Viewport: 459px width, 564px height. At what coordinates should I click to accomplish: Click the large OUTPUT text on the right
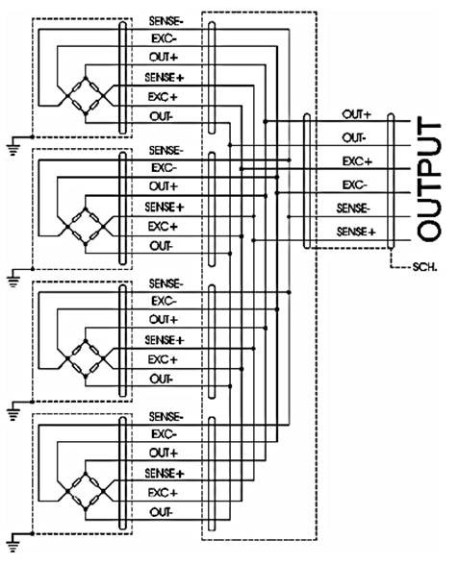[x=429, y=178]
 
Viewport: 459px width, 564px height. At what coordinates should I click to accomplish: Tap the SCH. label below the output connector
[x=424, y=267]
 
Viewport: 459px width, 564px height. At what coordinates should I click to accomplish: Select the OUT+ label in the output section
[x=356, y=114]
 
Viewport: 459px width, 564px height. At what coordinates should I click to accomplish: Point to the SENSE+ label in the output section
[x=356, y=232]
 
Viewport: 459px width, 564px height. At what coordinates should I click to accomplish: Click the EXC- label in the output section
[x=354, y=184]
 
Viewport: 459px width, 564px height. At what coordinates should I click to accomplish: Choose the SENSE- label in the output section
[x=353, y=208]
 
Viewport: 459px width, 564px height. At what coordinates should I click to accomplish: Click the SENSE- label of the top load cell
[x=166, y=21]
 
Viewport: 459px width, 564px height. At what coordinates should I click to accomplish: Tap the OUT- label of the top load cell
[x=162, y=116]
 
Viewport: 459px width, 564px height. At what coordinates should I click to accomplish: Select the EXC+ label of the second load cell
[x=163, y=227]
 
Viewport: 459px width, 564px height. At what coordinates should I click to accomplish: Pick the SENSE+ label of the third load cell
[x=165, y=339]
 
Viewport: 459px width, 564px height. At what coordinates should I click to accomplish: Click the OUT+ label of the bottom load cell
[x=164, y=453]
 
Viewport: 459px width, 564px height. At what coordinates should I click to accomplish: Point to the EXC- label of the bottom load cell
[x=164, y=434]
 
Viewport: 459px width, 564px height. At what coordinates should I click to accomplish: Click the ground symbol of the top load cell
[x=13, y=147]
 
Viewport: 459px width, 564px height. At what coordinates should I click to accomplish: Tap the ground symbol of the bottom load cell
[x=13, y=544]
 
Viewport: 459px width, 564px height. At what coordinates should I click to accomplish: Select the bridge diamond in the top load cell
[x=86, y=96]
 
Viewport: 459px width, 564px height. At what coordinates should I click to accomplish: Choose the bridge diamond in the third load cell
[x=86, y=358]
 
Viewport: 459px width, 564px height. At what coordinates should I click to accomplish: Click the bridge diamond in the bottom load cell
[x=86, y=491]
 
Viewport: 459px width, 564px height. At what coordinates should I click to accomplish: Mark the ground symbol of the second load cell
[x=13, y=279]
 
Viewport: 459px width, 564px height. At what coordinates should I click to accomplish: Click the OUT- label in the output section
[x=354, y=137]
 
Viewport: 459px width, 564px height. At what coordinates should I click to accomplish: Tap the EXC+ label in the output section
[x=357, y=161]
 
